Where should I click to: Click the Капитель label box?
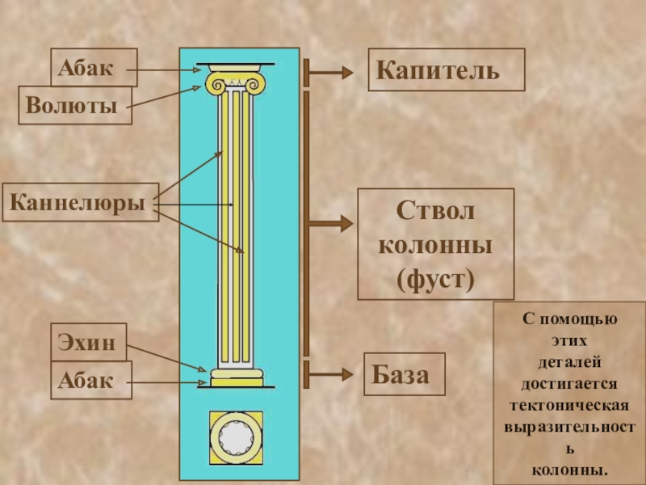[446, 69]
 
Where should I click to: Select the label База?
[405, 373]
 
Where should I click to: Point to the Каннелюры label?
[78, 201]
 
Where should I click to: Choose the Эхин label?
[87, 344]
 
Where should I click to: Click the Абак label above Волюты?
[93, 67]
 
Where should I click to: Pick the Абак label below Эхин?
[93, 381]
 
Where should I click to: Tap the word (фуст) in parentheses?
[436, 280]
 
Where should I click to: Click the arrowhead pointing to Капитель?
[346, 72]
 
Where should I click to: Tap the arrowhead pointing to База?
[346, 373]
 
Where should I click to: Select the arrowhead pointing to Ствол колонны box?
[346, 222]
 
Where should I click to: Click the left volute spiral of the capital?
[216, 82]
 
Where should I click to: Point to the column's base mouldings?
[237, 377]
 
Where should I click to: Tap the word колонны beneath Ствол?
[436, 245]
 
